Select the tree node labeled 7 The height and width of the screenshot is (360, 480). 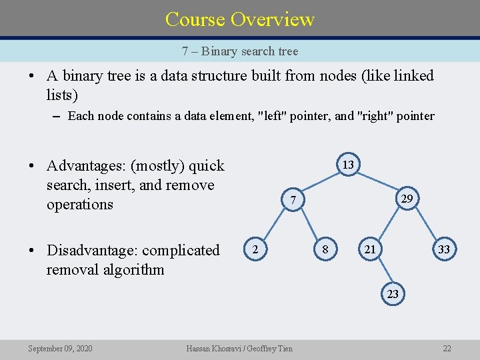click(291, 199)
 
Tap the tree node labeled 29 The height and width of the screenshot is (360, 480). click(405, 199)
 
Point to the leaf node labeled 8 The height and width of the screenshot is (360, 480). click(325, 249)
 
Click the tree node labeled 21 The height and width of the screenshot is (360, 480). click(369, 249)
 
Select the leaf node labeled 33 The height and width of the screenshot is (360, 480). click(442, 249)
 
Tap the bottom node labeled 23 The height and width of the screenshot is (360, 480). click(393, 293)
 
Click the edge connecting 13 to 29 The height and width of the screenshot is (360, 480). click(377, 182)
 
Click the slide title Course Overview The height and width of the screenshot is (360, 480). click(240, 19)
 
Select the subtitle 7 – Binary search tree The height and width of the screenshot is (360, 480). click(240, 51)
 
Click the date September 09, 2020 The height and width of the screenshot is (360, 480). click(60, 348)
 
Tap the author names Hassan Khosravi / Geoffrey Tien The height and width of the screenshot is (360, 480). click(239, 348)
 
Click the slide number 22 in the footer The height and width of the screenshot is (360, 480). click(447, 348)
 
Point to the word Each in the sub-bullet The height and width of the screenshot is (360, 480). click(80, 116)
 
